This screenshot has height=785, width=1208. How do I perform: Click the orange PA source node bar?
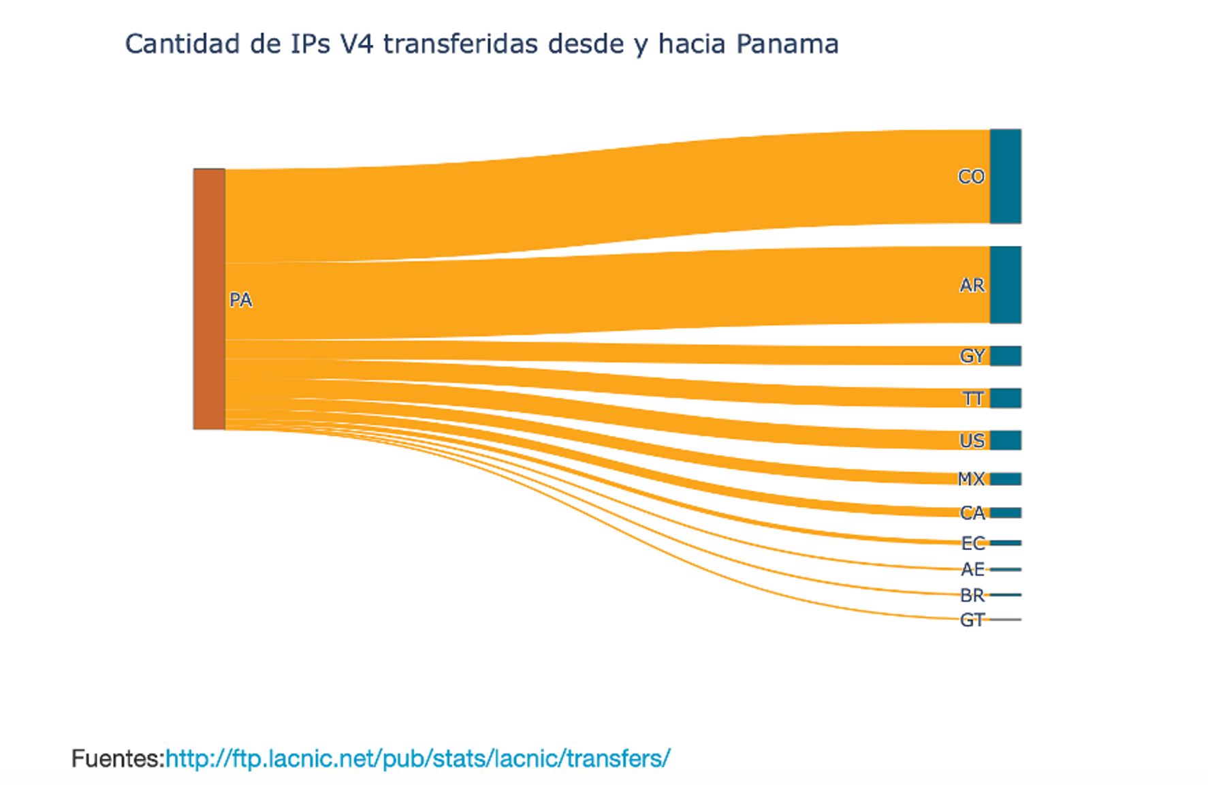[x=209, y=298]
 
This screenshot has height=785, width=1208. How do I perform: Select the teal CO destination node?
[x=1005, y=176]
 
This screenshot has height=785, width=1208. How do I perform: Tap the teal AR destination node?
[x=1005, y=285]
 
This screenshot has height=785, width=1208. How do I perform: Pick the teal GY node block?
[x=1005, y=356]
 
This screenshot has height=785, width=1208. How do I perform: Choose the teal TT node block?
[x=1005, y=398]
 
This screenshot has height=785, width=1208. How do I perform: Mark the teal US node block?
[x=1005, y=440]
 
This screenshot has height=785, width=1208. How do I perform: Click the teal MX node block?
[x=1005, y=479]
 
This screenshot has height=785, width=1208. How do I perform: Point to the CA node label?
[x=972, y=513]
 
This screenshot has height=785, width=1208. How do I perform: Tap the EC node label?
[x=972, y=543]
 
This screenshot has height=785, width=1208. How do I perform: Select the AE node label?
[x=972, y=569]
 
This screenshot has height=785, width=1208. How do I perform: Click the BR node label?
[x=972, y=596]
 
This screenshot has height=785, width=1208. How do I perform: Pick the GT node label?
[x=972, y=620]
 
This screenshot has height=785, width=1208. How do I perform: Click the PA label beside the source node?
[x=240, y=300]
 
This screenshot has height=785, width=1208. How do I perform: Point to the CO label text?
[x=971, y=176]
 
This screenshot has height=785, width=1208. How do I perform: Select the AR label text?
[x=972, y=285]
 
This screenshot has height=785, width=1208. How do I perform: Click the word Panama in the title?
[x=786, y=44]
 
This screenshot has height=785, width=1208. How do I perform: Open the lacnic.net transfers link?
[x=417, y=758]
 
